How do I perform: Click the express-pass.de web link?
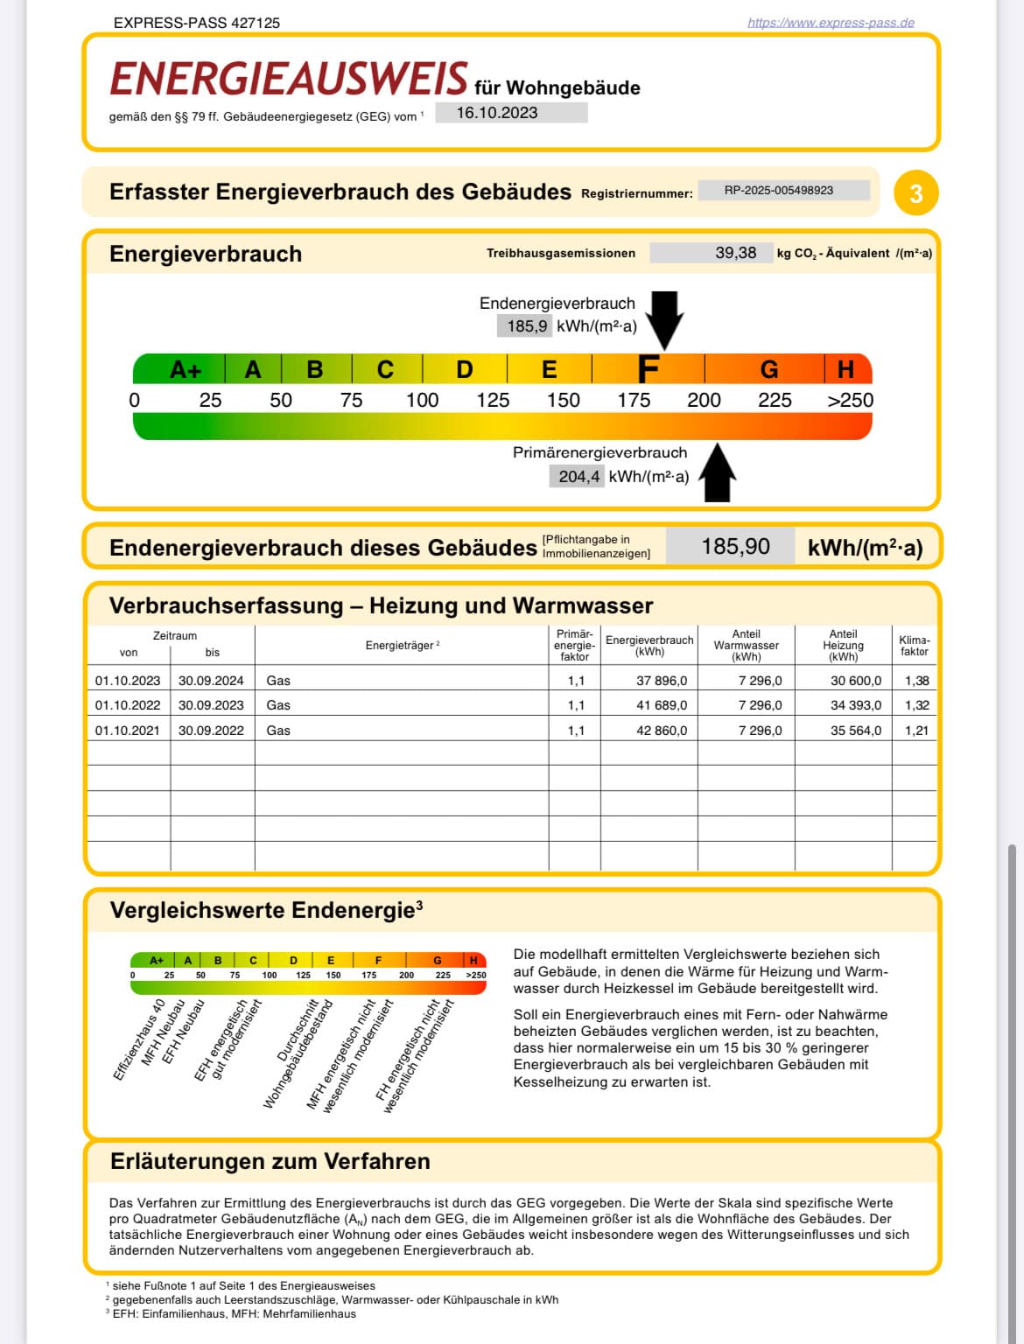pos(831,24)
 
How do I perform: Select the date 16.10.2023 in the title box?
pos(497,113)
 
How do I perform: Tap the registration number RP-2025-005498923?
pos(778,191)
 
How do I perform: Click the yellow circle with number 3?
pos(915,193)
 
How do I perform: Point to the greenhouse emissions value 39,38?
pos(735,253)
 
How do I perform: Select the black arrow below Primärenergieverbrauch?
pos(717,472)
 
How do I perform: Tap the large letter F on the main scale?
pos(648,368)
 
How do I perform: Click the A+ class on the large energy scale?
pos(185,370)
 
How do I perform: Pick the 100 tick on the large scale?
pos(422,401)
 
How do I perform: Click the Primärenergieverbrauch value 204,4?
pos(579,476)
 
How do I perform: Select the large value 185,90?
pos(735,546)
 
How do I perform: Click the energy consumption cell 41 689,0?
pos(662,705)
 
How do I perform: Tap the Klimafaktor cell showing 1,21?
pos(917,731)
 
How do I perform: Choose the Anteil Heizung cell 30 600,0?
pos(856,681)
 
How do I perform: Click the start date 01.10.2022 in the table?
pos(128,705)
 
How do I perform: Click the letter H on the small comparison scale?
pos(473,960)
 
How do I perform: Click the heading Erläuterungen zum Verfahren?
pos(270,1161)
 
